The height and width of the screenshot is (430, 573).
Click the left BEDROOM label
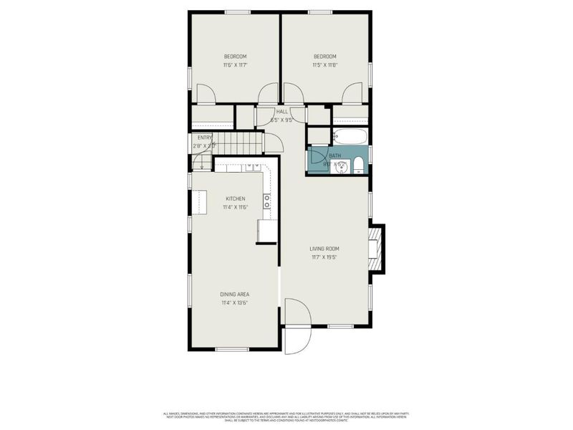[x=235, y=57]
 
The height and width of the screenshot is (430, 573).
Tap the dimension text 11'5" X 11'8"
[x=324, y=65]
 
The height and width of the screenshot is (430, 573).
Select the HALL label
[x=281, y=112]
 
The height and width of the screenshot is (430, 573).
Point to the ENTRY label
[x=204, y=138]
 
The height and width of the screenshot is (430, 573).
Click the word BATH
[x=334, y=156]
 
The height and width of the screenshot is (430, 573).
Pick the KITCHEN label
[x=236, y=199]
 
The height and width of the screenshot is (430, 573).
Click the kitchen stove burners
[x=266, y=201]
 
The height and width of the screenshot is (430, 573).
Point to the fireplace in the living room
[x=375, y=248]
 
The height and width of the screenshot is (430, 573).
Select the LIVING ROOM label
[x=324, y=249]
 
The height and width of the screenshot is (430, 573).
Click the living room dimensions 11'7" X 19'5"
[x=324, y=257]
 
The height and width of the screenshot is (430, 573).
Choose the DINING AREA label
[x=235, y=295]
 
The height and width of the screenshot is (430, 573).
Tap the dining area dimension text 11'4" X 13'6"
[x=235, y=303]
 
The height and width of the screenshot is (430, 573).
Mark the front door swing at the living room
[x=296, y=312]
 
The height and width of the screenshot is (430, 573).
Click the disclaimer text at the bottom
[x=286, y=416]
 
